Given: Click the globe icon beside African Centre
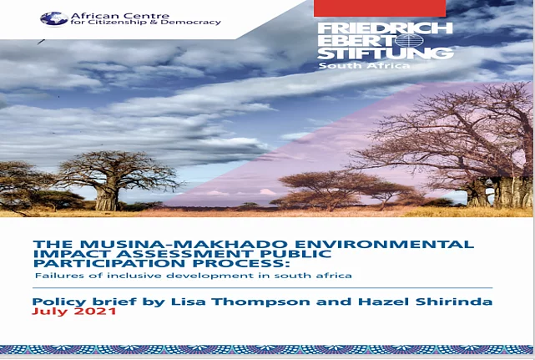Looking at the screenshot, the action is pos(54,18).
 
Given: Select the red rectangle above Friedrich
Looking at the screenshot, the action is pos(380,8).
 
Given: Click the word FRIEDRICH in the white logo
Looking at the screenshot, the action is pos(385,28).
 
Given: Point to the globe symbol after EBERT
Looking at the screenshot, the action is pos(409,41).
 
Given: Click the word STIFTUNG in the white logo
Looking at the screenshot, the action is pos(386,53).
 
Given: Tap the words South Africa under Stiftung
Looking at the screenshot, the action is pos(364,65).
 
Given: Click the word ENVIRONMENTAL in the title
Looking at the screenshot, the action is pos(385,244).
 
